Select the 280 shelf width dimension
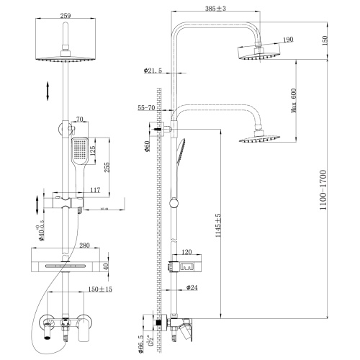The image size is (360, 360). point(84,246)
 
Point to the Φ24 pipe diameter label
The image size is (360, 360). point(192,288)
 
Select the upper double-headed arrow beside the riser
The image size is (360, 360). point(48,91)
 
